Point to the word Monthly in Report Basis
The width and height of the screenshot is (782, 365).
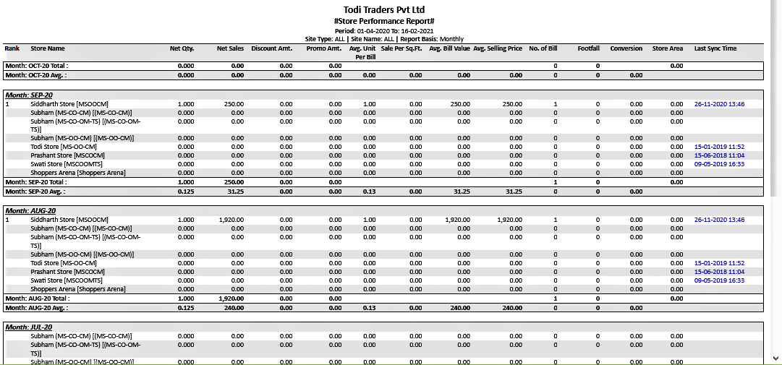click(451, 39)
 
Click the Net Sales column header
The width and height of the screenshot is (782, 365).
click(230, 48)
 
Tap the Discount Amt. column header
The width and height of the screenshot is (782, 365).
click(271, 48)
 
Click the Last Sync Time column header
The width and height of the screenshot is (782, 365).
click(715, 48)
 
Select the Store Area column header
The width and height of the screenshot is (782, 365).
click(667, 48)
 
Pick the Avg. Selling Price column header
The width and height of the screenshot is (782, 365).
click(498, 48)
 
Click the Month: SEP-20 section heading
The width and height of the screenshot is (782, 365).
click(29, 95)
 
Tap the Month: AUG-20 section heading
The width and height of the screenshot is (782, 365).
click(30, 210)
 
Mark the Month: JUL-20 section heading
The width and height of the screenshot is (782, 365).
click(29, 327)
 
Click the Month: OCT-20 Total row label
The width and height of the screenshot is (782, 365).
click(37, 66)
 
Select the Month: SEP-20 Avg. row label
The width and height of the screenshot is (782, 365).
click(36, 191)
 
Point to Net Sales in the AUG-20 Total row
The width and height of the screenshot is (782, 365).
click(231, 298)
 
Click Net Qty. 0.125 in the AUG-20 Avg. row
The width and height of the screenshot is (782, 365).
click(185, 306)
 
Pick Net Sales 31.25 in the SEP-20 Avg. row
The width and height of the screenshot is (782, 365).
click(234, 191)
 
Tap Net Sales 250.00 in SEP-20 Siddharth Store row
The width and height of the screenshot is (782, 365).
click(233, 104)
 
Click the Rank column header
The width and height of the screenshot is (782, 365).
click(12, 48)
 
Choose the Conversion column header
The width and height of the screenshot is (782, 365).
click(626, 48)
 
